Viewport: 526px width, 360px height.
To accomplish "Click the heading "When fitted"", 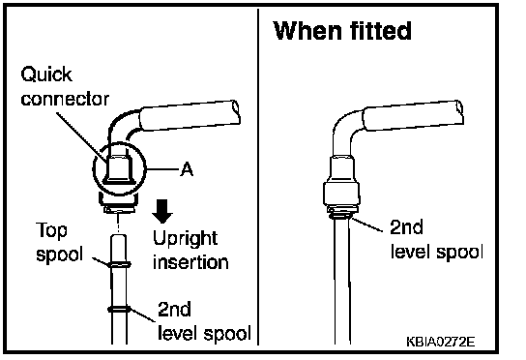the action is tap(342, 31).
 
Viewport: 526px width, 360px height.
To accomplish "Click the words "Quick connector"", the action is tap(65, 87).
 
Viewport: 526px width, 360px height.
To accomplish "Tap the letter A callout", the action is tap(187, 169).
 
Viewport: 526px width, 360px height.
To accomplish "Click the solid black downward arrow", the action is tap(162, 211).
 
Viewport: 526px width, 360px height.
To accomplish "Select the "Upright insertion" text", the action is tap(190, 251).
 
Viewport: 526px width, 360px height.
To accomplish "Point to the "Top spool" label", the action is tap(59, 242).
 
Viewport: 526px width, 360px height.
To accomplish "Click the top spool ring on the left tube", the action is tap(120, 265).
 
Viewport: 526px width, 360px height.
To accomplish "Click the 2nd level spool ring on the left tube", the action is tap(119, 309).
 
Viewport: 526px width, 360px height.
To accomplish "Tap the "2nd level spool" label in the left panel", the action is tap(204, 321).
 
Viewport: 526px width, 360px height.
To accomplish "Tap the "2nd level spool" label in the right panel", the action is tap(436, 239).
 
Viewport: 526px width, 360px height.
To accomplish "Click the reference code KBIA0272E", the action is tap(441, 342).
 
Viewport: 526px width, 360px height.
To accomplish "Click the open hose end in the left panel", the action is tap(236, 112).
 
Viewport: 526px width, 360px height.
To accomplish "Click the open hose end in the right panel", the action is tap(459, 111).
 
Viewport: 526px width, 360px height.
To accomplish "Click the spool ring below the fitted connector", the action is tap(340, 215).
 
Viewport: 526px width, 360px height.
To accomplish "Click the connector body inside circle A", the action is tap(119, 169).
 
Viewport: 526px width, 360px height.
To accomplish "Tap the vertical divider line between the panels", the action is tap(258, 177).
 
